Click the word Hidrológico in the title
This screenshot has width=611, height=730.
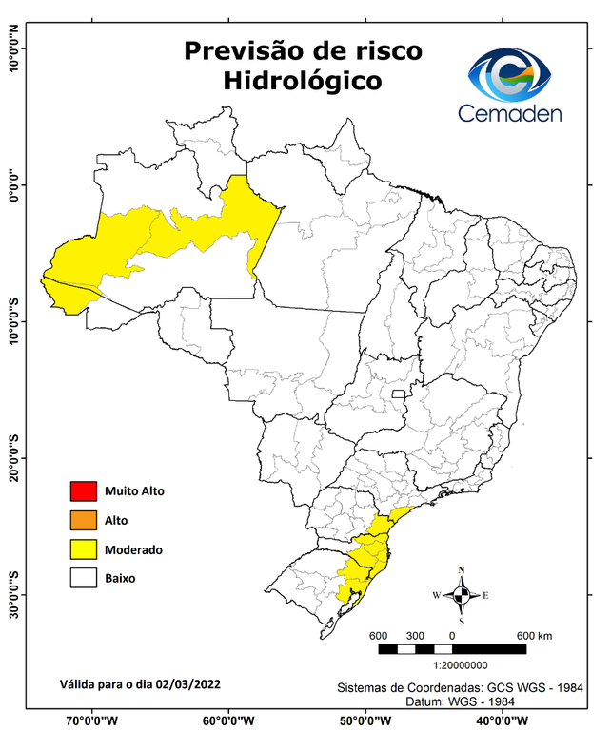point(303,82)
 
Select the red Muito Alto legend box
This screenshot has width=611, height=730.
point(83,491)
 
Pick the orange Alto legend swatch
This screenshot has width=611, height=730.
point(83,520)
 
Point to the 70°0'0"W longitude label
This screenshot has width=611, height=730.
point(93,720)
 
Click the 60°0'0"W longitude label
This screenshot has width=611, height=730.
point(228,720)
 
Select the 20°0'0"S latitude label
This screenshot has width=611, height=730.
point(14,459)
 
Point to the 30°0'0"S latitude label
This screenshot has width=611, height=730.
point(14,595)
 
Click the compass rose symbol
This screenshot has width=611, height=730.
point(461,595)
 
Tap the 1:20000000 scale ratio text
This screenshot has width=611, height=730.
point(461,666)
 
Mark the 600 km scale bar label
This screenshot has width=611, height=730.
point(534,635)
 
